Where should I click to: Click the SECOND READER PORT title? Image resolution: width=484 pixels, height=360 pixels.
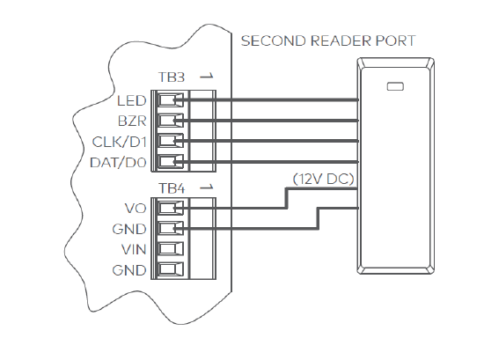(328, 41)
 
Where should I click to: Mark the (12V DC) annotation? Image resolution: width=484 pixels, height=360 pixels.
(324, 180)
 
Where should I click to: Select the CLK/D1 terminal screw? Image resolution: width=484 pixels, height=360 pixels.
(172, 140)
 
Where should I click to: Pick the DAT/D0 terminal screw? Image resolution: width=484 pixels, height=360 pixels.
(172, 161)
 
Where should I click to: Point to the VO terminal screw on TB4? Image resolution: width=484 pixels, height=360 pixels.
(172, 209)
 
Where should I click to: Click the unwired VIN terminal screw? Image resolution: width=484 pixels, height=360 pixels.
(172, 249)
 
